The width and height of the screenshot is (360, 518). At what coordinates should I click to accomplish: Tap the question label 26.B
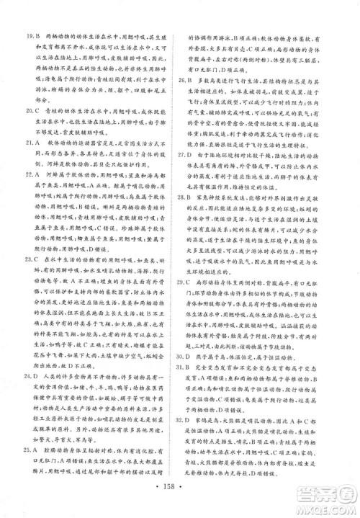[195, 84]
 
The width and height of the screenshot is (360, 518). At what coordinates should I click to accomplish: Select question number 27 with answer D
[195, 175]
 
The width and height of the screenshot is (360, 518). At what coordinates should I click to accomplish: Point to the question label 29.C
[195, 316]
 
